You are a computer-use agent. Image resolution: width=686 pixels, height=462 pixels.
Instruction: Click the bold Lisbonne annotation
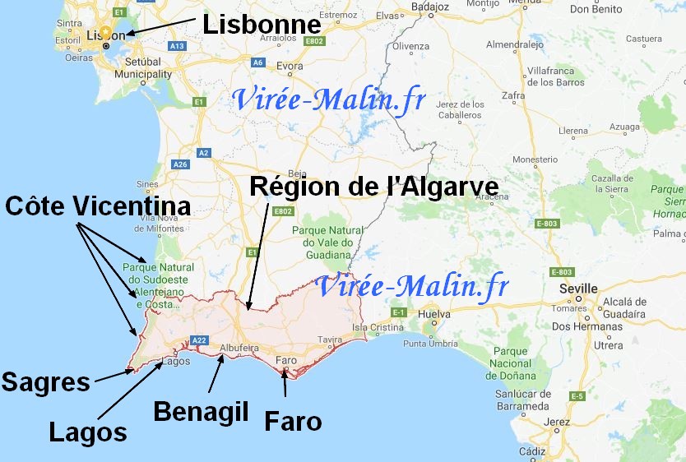pyautogui.click(x=261, y=25)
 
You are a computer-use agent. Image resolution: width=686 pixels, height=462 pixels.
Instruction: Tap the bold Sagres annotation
pyautogui.click(x=45, y=382)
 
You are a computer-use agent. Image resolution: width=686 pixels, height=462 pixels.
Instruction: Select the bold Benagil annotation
pyautogui.click(x=201, y=410)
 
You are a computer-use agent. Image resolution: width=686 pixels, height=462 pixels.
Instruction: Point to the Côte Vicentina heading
pyautogui.click(x=97, y=206)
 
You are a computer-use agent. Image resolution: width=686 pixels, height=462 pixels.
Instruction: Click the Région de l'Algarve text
pyautogui.click(x=373, y=187)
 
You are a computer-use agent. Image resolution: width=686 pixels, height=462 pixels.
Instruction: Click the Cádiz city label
pyautogui.click(x=532, y=451)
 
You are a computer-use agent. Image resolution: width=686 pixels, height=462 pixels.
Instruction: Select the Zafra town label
pyautogui.click(x=513, y=95)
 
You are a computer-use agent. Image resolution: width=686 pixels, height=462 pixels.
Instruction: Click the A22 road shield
pyautogui.click(x=198, y=340)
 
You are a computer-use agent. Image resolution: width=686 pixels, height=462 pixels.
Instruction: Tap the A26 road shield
pyautogui.click(x=181, y=164)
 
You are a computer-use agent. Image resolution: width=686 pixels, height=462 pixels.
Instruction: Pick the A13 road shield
pyautogui.click(x=176, y=46)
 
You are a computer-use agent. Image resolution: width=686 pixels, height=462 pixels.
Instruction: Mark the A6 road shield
pyautogui.click(x=257, y=62)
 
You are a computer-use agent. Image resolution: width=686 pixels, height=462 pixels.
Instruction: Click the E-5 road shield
pyautogui.click(x=577, y=396)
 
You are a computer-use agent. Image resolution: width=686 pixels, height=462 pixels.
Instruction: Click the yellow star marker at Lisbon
pyautogui.click(x=105, y=32)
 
